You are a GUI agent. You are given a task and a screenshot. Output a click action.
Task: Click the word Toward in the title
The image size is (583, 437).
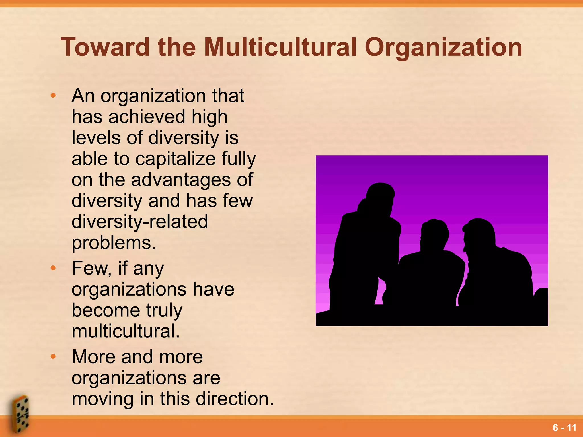tap(105, 47)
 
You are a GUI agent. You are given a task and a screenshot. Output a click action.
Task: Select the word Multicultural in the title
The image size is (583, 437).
tap(280, 47)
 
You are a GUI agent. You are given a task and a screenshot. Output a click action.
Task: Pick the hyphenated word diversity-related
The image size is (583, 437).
tap(140, 222)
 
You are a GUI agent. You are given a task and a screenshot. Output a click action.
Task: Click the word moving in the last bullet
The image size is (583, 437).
tap(102, 399)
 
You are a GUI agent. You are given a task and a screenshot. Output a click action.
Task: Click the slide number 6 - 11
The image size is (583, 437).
tap(564, 428)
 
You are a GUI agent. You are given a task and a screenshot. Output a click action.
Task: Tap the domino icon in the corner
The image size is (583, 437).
tap(20, 414)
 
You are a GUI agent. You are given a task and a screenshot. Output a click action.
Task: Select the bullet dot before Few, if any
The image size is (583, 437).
tap(53, 268)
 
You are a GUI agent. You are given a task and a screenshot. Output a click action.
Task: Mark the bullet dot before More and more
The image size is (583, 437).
tap(53, 357)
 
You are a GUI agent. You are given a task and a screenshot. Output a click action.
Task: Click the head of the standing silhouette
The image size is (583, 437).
tap(380, 196)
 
